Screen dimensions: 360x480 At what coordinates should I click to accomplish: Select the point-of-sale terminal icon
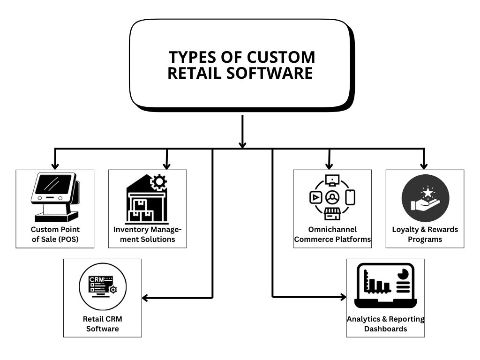click(55, 197)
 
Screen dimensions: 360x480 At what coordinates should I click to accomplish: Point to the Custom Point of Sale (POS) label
click(55, 234)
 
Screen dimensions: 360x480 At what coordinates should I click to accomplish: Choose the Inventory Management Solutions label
click(147, 234)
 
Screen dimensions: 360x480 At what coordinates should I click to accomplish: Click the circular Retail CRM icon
click(102, 285)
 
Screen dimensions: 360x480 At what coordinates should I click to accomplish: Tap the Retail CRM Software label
click(102, 323)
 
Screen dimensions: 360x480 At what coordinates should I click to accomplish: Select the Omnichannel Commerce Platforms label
click(332, 234)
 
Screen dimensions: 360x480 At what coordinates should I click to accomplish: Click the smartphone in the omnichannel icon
click(350, 197)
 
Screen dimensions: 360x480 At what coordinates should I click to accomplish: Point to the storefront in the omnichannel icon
click(332, 213)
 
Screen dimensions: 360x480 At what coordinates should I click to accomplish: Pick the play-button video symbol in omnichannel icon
click(315, 198)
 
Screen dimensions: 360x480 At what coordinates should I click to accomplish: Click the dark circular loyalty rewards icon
click(425, 198)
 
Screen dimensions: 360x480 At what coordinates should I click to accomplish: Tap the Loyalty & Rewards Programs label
click(425, 234)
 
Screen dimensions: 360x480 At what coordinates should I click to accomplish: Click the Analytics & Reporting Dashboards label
click(385, 323)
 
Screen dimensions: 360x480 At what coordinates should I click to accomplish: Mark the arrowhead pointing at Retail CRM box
click(145, 298)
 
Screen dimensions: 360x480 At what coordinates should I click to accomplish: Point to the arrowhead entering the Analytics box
click(343, 297)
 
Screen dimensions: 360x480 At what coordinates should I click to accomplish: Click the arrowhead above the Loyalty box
click(424, 165)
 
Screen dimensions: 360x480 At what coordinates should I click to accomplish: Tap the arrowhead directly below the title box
click(242, 144)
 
